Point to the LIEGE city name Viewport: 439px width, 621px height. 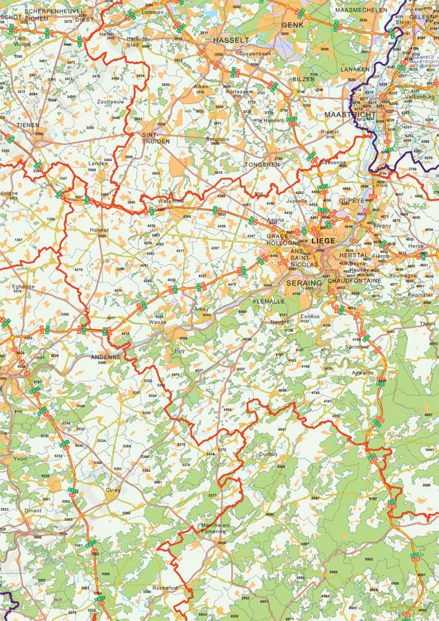point(323,240)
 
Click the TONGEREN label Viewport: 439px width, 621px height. point(262,164)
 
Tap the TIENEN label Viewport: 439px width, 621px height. point(28,125)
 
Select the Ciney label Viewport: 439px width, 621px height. point(113,490)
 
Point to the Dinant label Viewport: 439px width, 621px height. point(33,510)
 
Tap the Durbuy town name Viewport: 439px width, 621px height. point(268,454)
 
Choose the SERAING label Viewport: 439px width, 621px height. point(304,282)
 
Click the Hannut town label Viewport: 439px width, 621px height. point(99,230)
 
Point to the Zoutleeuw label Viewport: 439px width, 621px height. point(111,101)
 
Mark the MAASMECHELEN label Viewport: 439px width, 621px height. point(361,10)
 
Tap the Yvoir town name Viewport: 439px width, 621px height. point(21,457)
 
